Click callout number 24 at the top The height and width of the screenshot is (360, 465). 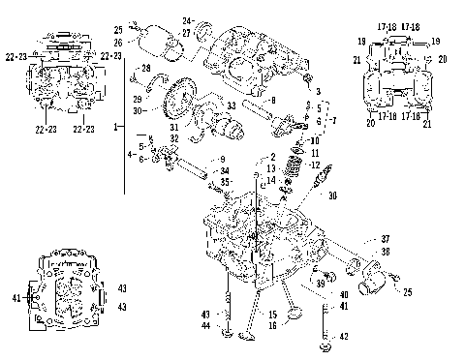coord(187,20)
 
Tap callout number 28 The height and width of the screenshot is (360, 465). coord(144,67)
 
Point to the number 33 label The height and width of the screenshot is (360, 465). coord(231,105)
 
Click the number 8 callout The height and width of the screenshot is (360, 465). coord(274,100)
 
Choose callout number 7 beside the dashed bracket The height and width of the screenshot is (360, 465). coord(334,123)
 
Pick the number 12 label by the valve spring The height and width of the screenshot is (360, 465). coord(315,165)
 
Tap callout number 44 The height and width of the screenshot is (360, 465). coord(205,326)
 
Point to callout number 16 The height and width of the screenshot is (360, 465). coord(273,326)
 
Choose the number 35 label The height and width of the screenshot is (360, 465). coord(224,181)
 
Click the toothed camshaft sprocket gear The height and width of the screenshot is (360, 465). coord(176,103)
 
